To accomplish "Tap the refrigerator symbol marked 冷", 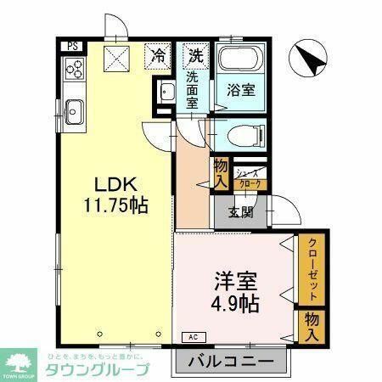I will (x=158, y=56).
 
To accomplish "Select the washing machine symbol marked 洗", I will (x=196, y=57).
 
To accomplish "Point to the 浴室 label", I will (x=238, y=88).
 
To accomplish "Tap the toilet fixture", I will (x=242, y=134).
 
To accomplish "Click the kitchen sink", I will (x=73, y=110).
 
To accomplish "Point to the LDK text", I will (x=110, y=185).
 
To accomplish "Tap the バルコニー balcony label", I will (x=231, y=362).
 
